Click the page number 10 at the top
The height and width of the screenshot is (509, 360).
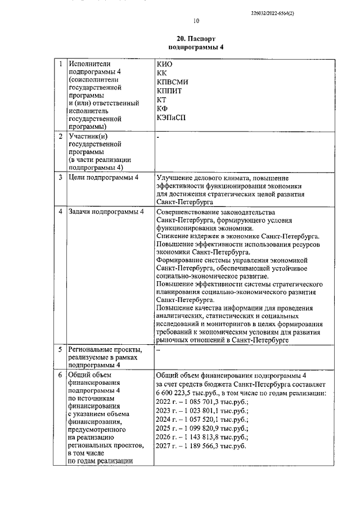pyautogui.click(x=196, y=21)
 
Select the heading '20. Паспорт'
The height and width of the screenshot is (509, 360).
pyautogui.click(x=196, y=39)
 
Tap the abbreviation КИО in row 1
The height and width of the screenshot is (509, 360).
pyautogui.click(x=164, y=64)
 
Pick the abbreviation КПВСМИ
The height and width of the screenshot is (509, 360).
pyautogui.click(x=173, y=82)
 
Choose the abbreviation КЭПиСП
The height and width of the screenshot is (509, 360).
pyautogui.click(x=171, y=118)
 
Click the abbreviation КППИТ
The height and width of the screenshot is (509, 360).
pyautogui.click(x=170, y=91)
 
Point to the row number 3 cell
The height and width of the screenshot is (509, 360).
pyautogui.click(x=60, y=178)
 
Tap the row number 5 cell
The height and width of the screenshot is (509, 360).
pyautogui.click(x=60, y=349)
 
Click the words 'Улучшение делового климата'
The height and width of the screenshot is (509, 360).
pyautogui.click(x=202, y=178)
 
